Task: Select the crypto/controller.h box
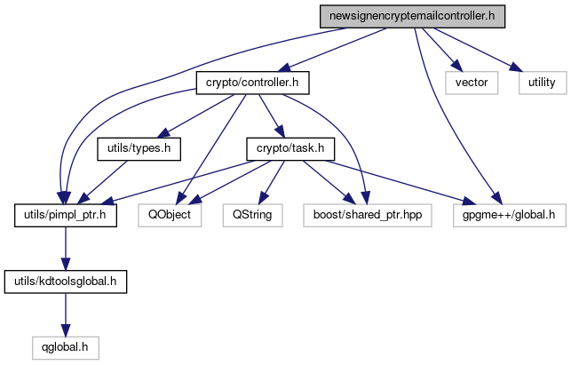coord(252,83)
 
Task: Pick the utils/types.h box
coord(139,148)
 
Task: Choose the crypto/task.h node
coord(285,148)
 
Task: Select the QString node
coord(257,214)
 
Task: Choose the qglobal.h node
coord(65,346)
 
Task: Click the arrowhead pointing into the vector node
coord(456,69)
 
